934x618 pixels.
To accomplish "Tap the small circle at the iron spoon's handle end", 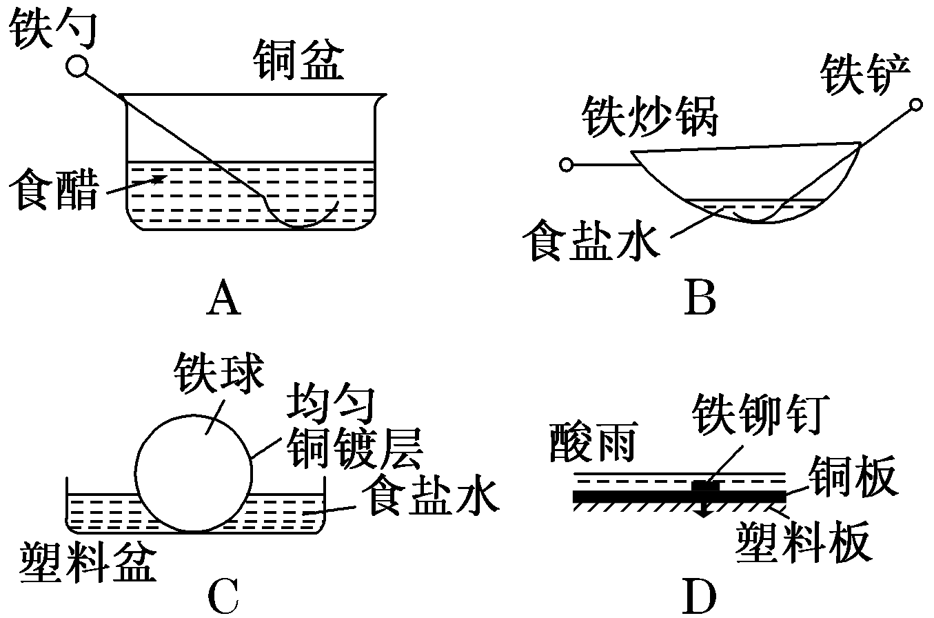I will (x=77, y=66).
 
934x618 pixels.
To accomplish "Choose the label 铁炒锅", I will (x=650, y=118).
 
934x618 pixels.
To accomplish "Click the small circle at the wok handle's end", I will (x=567, y=165).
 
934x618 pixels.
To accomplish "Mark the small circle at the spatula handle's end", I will (x=915, y=105).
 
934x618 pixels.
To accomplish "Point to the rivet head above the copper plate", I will (x=705, y=486).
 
